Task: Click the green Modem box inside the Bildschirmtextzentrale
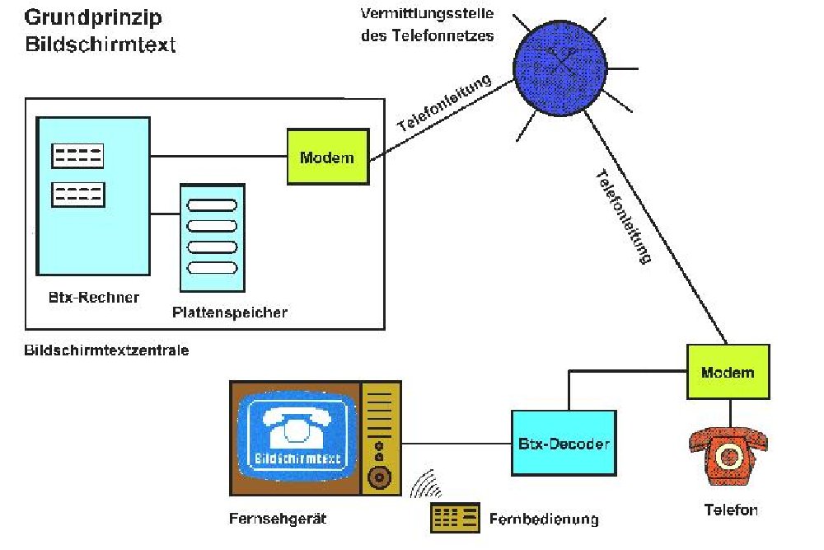(x=327, y=157)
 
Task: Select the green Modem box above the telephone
(x=728, y=372)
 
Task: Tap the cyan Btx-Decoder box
(x=564, y=444)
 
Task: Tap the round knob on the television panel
(x=380, y=477)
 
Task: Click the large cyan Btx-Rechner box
(x=93, y=195)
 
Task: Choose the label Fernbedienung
(x=543, y=519)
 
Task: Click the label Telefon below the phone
(x=730, y=510)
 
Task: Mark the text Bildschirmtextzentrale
(x=106, y=350)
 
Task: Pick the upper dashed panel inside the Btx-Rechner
(x=77, y=156)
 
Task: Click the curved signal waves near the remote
(x=427, y=486)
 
